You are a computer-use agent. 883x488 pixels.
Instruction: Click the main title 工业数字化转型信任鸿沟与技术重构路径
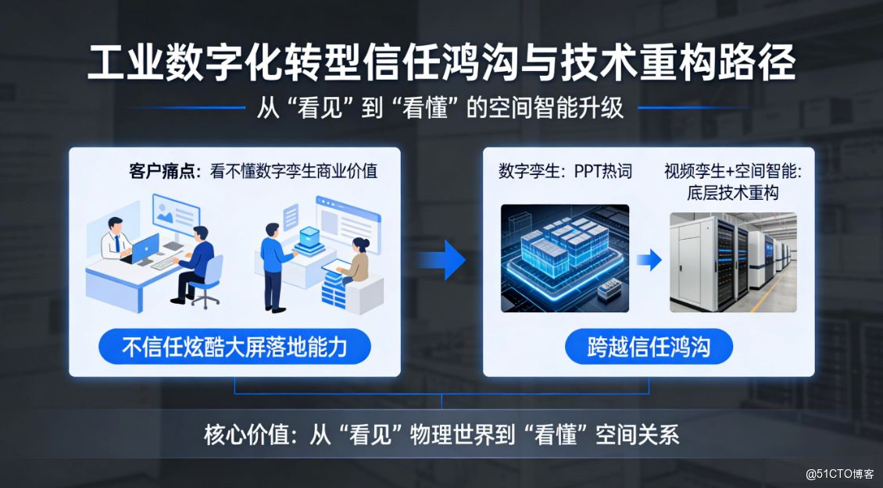tap(441, 63)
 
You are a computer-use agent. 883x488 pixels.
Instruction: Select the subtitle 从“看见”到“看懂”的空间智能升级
tap(440, 108)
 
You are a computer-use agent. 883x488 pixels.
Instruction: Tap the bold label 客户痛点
tap(161, 171)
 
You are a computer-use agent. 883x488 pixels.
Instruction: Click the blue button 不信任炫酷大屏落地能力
tap(235, 347)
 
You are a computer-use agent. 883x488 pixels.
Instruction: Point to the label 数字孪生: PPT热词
tap(565, 171)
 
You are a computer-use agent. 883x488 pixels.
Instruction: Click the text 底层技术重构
tap(733, 193)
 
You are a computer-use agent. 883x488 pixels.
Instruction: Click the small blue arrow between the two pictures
tap(649, 260)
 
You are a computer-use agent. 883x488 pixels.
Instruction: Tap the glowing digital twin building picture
tap(565, 258)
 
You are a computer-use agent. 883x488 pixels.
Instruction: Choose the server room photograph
tap(733, 262)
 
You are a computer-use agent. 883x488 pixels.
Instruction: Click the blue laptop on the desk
tap(144, 249)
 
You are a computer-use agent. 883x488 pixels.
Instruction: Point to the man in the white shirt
tap(116, 239)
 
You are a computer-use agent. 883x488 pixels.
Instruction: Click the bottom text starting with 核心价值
tap(441, 435)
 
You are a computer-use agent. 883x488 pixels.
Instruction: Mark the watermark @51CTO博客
tap(839, 474)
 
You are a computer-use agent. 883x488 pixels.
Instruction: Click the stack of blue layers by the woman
tap(334, 288)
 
